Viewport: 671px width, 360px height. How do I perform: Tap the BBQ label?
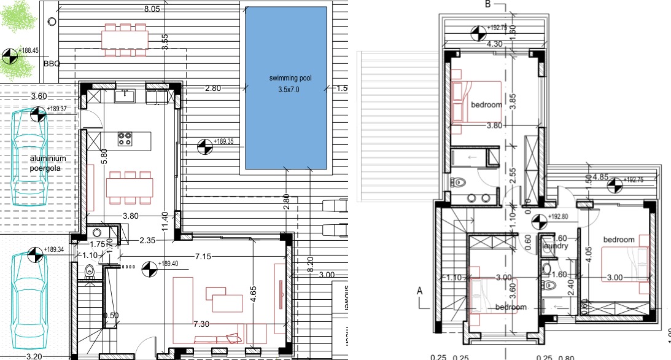pos(52,63)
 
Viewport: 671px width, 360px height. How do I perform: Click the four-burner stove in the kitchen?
pos(126,139)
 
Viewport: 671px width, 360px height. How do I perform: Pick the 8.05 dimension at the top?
pos(152,9)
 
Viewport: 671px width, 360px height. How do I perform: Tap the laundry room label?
pos(553,246)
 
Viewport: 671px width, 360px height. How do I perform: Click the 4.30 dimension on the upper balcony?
pos(496,44)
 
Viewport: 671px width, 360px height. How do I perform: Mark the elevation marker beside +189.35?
pos(203,146)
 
